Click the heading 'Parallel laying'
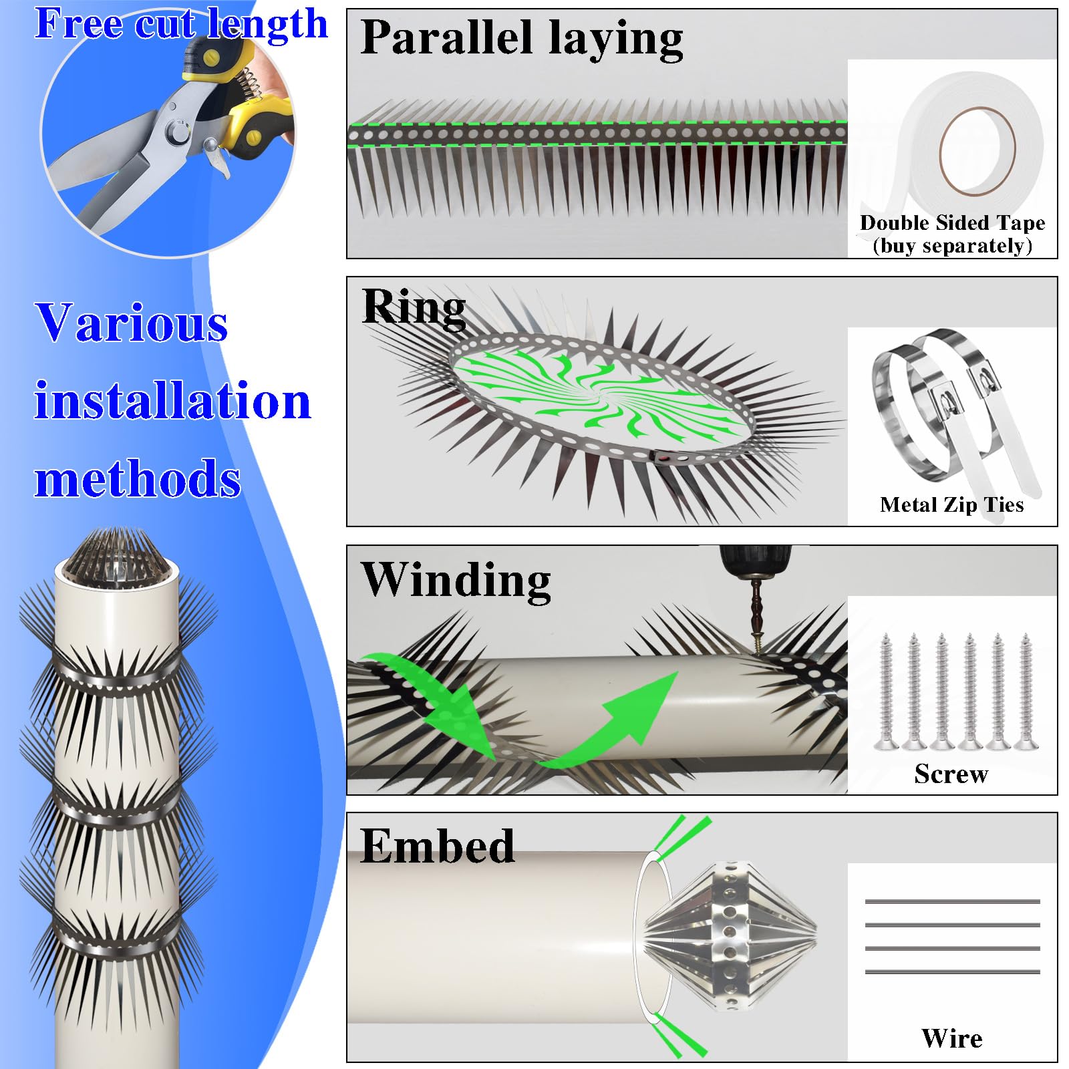point(521,38)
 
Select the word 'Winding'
point(456,579)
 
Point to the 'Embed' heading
point(438,846)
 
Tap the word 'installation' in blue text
point(172,401)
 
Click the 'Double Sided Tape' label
point(952,222)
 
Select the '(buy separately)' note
point(952,246)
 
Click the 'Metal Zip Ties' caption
point(951,504)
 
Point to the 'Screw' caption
point(951,774)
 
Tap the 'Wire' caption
point(951,1038)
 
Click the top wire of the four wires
point(952,901)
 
